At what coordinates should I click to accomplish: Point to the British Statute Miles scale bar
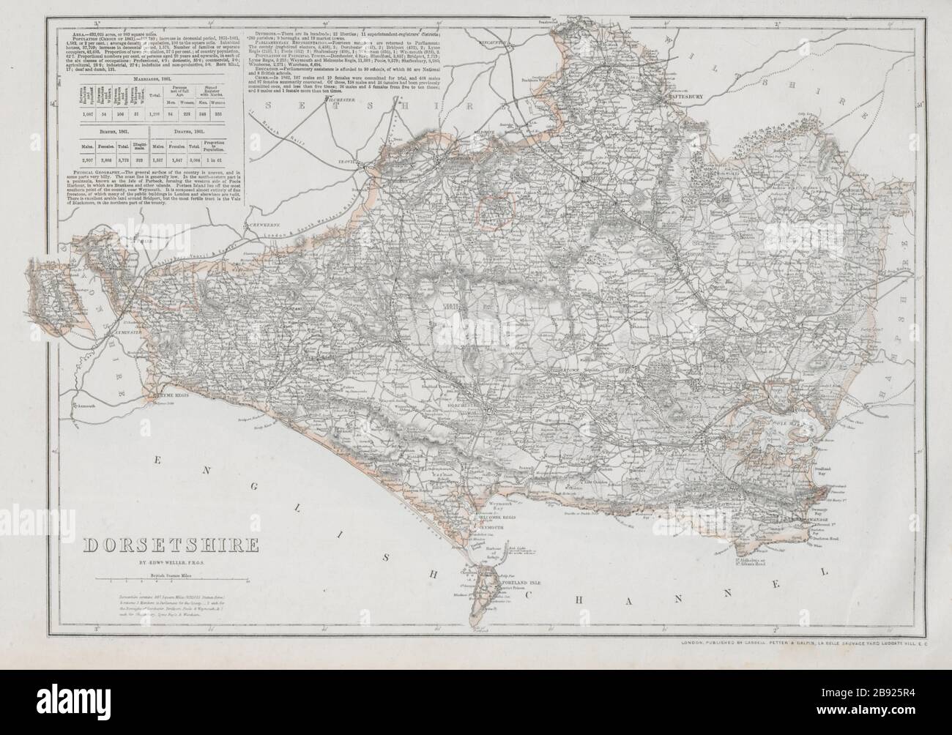coord(168,580)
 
